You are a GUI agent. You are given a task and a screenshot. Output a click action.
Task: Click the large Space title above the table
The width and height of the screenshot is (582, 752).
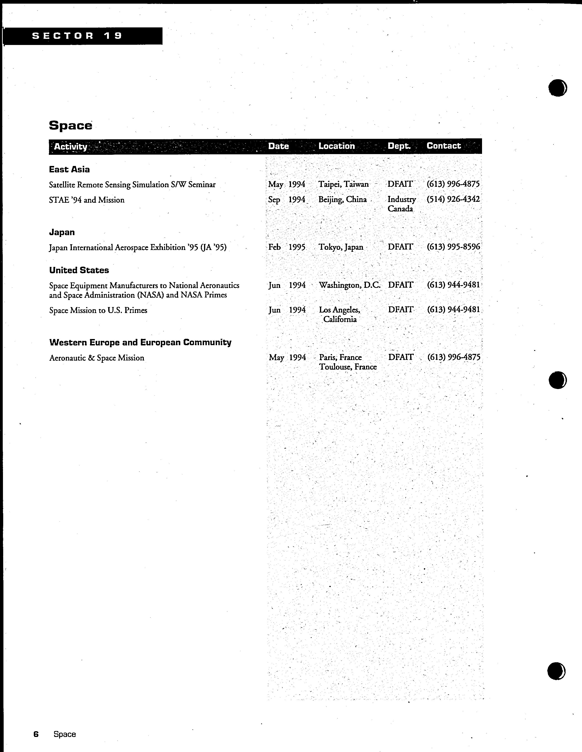(x=71, y=125)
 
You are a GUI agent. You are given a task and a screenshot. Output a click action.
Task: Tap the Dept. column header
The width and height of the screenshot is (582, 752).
(x=399, y=146)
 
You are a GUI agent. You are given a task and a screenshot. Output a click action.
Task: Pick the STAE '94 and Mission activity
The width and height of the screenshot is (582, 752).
(x=87, y=200)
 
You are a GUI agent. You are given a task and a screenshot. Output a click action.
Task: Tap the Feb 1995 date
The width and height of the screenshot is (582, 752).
(x=287, y=247)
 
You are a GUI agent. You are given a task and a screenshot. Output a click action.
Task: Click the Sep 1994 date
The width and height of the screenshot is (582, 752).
(x=287, y=200)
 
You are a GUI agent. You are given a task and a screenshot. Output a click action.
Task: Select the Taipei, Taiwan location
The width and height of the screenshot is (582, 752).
(x=343, y=184)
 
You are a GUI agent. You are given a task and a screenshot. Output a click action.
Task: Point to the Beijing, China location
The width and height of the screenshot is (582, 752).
(x=342, y=200)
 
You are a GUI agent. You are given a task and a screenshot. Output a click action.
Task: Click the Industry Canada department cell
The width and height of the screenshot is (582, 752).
(x=401, y=204)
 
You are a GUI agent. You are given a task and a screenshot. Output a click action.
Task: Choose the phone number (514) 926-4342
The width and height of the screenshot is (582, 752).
(x=453, y=199)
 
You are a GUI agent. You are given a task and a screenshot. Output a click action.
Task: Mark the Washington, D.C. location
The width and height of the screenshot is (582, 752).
(x=350, y=285)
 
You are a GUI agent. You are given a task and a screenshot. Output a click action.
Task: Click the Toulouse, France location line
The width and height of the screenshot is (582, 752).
(x=348, y=367)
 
